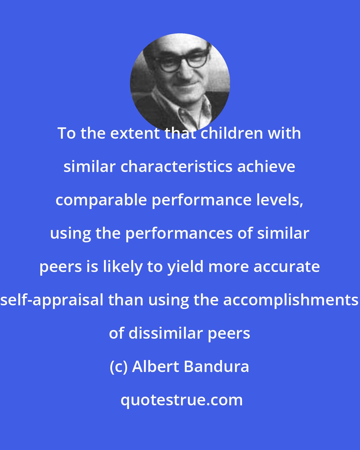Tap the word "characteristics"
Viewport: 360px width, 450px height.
[176, 167]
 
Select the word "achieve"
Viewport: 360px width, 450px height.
[266, 167]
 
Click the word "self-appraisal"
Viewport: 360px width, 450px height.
[53, 300]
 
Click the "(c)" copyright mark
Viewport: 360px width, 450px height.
[119, 367]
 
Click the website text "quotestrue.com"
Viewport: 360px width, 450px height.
[181, 400]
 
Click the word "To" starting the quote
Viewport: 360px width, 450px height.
[67, 133]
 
